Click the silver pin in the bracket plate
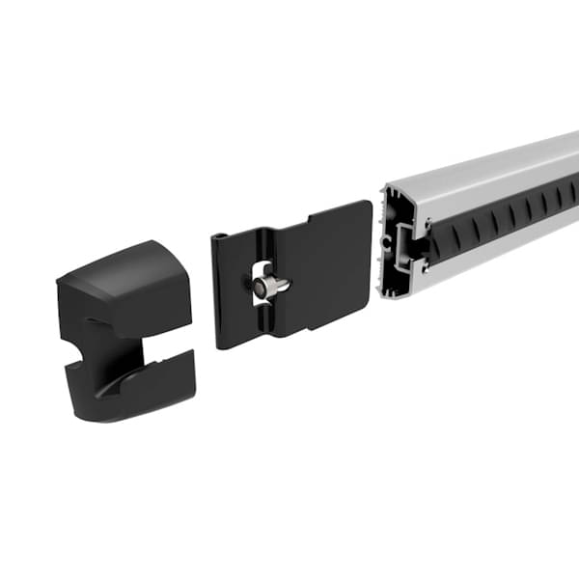pyautogui.click(x=271, y=286)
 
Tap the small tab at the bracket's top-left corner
pyautogui.click(x=222, y=235)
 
